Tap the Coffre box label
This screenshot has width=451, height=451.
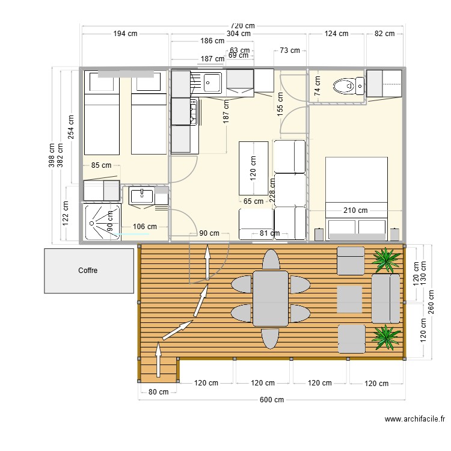(88, 271)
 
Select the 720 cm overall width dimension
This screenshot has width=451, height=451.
(243, 26)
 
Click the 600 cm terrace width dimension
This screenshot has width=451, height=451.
(272, 399)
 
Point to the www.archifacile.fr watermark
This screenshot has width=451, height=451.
(415, 419)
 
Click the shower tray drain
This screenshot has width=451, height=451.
(92, 223)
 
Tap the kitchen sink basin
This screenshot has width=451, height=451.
(212, 83)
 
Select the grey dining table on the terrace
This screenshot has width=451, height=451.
(271, 298)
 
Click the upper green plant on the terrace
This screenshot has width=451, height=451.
(385, 260)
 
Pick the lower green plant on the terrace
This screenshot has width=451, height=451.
(386, 337)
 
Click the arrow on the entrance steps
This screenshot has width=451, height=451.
(158, 360)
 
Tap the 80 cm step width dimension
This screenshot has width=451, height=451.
(159, 391)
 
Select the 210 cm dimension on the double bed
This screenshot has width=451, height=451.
(355, 210)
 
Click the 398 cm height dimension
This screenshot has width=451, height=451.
(52, 155)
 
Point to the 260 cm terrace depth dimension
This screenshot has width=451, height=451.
(431, 302)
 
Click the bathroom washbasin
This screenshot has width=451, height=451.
(142, 196)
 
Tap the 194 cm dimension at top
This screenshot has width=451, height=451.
(125, 33)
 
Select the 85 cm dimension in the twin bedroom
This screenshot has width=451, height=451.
(101, 165)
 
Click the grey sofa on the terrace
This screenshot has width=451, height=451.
(385, 298)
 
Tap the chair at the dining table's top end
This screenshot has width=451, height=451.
(271, 260)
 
